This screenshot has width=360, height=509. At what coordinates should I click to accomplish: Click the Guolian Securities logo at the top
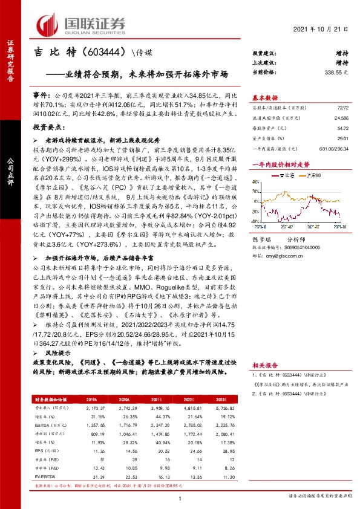pos(82,24)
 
